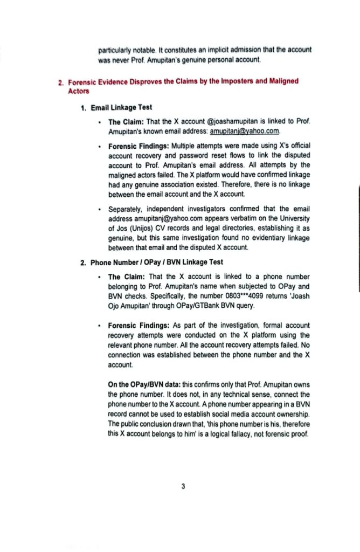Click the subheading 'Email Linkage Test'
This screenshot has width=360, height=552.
121,108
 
